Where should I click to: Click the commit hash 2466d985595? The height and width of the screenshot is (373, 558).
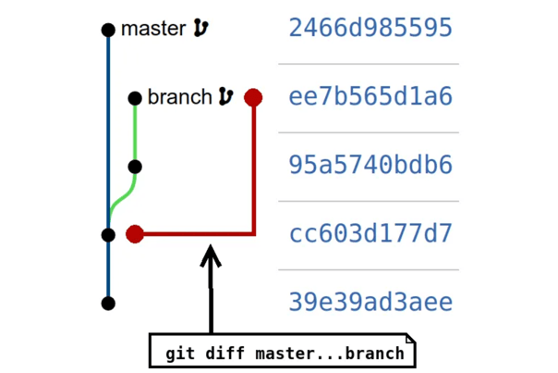370,29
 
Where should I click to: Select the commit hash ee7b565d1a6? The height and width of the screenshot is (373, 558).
370,97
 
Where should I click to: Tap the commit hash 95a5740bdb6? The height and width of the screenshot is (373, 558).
370,166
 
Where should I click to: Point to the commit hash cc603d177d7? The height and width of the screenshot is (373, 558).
370,234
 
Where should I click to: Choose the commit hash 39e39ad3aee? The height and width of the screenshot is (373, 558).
370,303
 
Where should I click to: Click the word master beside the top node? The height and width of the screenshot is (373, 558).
153,30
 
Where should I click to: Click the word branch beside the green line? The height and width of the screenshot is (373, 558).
179,97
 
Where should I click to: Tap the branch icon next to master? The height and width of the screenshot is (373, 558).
200,30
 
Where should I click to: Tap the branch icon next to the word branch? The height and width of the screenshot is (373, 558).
225,97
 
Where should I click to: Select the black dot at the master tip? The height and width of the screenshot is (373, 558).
108,30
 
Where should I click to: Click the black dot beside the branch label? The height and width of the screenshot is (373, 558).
135,97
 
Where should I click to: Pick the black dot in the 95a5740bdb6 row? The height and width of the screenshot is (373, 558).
135,167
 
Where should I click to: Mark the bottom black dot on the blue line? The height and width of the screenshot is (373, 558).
108,303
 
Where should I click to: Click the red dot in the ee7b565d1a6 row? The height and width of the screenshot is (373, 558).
253,97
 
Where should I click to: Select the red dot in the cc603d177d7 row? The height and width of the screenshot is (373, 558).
135,234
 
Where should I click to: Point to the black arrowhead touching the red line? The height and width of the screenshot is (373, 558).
212,252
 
